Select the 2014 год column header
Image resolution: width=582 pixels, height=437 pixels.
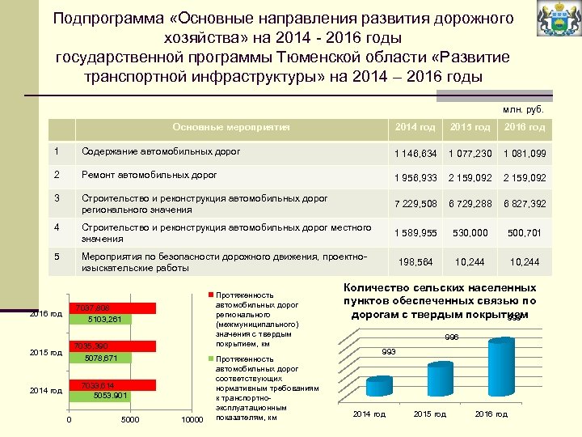(x=415, y=127)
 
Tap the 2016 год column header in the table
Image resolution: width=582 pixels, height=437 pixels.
(x=525, y=127)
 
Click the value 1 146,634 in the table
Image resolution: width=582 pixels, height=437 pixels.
(x=415, y=154)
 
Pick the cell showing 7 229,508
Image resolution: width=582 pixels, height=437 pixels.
(x=415, y=202)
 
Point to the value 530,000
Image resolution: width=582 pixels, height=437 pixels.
(x=470, y=233)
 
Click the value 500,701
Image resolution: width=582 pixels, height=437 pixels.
(x=525, y=233)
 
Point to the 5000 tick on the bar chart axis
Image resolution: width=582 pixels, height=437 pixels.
(x=130, y=419)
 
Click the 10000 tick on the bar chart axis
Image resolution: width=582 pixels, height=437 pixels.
(x=191, y=419)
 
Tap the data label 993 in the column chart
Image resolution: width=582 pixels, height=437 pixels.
(x=389, y=351)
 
